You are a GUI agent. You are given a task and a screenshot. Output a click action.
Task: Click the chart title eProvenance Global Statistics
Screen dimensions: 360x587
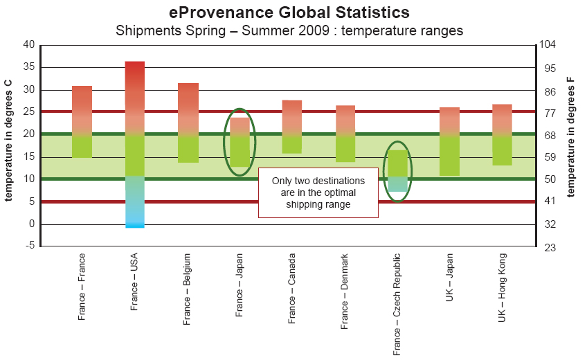(289, 12)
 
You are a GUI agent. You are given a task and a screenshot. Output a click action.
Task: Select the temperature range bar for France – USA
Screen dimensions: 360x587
(134, 144)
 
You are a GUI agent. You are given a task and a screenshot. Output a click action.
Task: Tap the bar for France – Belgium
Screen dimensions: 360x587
(188, 123)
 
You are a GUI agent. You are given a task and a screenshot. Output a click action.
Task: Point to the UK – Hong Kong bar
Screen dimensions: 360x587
(502, 134)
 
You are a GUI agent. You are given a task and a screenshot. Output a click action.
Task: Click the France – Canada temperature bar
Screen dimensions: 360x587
(292, 127)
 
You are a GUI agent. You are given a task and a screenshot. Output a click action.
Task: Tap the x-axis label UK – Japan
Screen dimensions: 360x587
(451, 295)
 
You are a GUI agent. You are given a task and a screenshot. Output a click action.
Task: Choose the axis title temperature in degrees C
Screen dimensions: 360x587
(9, 141)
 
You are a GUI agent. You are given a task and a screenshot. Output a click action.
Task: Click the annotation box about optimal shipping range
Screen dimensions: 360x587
(318, 192)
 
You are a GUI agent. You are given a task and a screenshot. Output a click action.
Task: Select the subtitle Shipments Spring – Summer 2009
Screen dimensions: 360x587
(289, 30)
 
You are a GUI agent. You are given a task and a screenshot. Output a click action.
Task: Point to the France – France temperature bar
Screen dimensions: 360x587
(82, 122)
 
